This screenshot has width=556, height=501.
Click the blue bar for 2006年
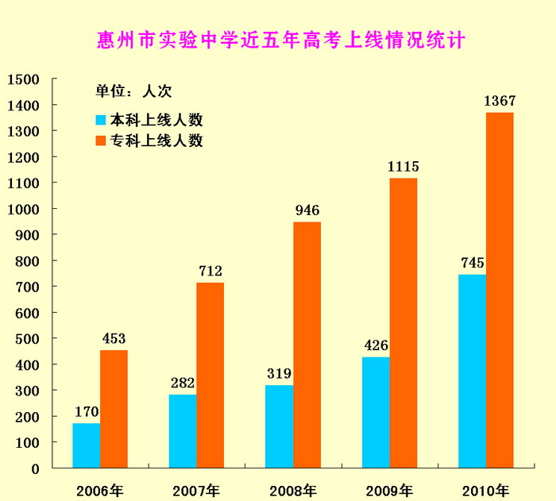pos(86,445)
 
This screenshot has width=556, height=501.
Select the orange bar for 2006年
pos(114,409)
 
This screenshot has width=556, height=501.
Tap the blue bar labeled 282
pos(183,431)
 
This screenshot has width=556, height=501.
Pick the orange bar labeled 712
pos(210,375)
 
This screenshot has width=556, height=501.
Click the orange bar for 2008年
pos(307,345)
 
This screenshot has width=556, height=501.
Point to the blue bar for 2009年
pos(376,412)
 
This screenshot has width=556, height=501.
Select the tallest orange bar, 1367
pos(500,290)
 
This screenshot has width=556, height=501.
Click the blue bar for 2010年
pos(472,371)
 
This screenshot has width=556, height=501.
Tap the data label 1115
pos(403,167)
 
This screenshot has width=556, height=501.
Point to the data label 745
pos(472,263)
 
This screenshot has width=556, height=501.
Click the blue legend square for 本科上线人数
pos(101,121)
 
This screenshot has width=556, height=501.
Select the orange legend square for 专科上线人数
pos(101,141)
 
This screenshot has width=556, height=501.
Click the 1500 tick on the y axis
pos(24,79)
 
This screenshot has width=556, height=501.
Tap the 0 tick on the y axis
pos(35,468)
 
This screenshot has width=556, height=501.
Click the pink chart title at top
pos(280,38)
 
